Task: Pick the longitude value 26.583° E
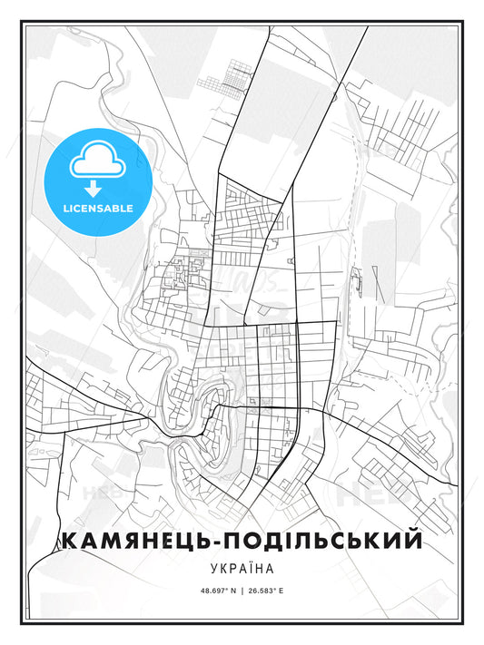tap(278, 591)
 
